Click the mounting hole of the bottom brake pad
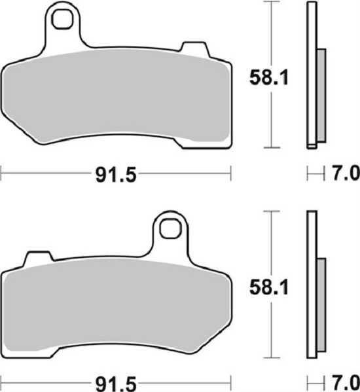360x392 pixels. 170,228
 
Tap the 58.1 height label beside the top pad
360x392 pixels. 269,77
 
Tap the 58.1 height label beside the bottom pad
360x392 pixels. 269,287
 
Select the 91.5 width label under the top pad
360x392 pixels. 116,175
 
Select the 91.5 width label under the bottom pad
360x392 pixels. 116,383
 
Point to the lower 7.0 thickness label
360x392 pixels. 346,382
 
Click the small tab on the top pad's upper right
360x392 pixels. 194,48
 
